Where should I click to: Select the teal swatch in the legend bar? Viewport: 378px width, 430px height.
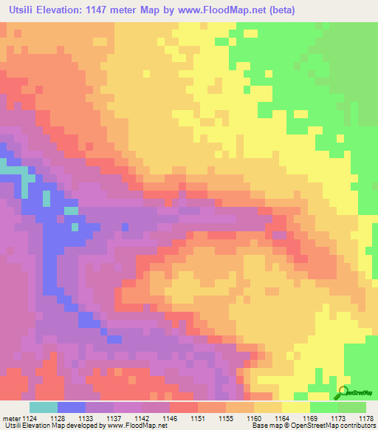(44, 407)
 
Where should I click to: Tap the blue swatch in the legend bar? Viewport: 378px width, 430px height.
(72, 407)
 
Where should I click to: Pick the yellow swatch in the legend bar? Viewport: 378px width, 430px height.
(295, 407)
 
